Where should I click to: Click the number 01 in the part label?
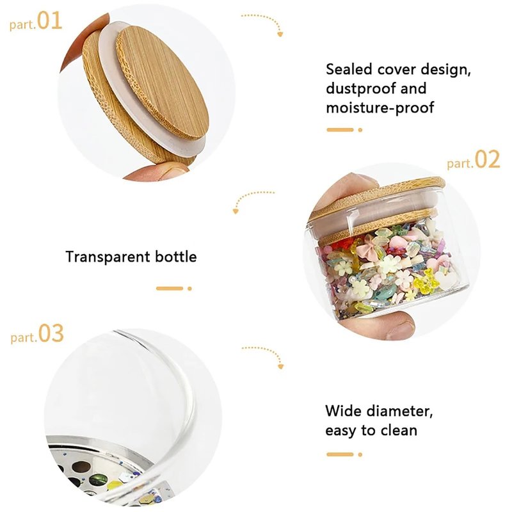50,20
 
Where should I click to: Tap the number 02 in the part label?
487,159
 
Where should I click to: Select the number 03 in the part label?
51,333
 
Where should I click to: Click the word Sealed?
349,69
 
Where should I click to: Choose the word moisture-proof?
380,108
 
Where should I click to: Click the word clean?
399,430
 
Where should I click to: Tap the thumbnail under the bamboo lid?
172,171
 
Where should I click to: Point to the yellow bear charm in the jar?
422,282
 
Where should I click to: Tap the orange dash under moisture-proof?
340,130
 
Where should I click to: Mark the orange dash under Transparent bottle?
170,289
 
